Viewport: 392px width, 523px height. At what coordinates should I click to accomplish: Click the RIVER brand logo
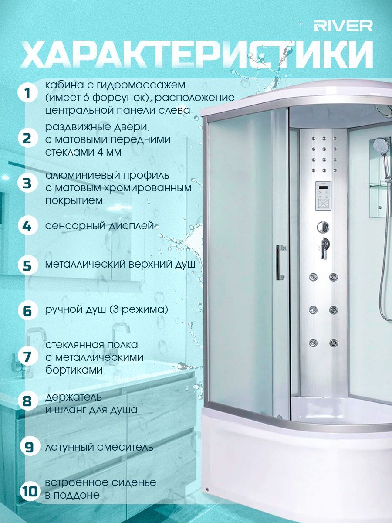point(343,26)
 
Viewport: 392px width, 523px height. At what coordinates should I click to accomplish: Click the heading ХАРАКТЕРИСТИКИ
point(197,54)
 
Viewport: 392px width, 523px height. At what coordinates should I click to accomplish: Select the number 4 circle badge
point(27,225)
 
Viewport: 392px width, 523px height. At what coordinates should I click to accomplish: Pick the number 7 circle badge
point(27,357)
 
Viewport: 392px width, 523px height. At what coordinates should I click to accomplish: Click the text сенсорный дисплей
point(100,225)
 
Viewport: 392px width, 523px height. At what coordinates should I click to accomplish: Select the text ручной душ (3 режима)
point(107,310)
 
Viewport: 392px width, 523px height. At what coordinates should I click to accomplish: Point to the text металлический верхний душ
point(121,265)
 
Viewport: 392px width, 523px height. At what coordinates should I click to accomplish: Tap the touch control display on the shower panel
point(323,196)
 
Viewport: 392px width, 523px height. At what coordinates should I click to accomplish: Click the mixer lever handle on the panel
point(324,248)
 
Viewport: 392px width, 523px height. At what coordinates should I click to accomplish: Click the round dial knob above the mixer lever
point(323,227)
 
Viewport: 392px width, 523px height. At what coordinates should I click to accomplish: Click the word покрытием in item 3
point(74,201)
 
